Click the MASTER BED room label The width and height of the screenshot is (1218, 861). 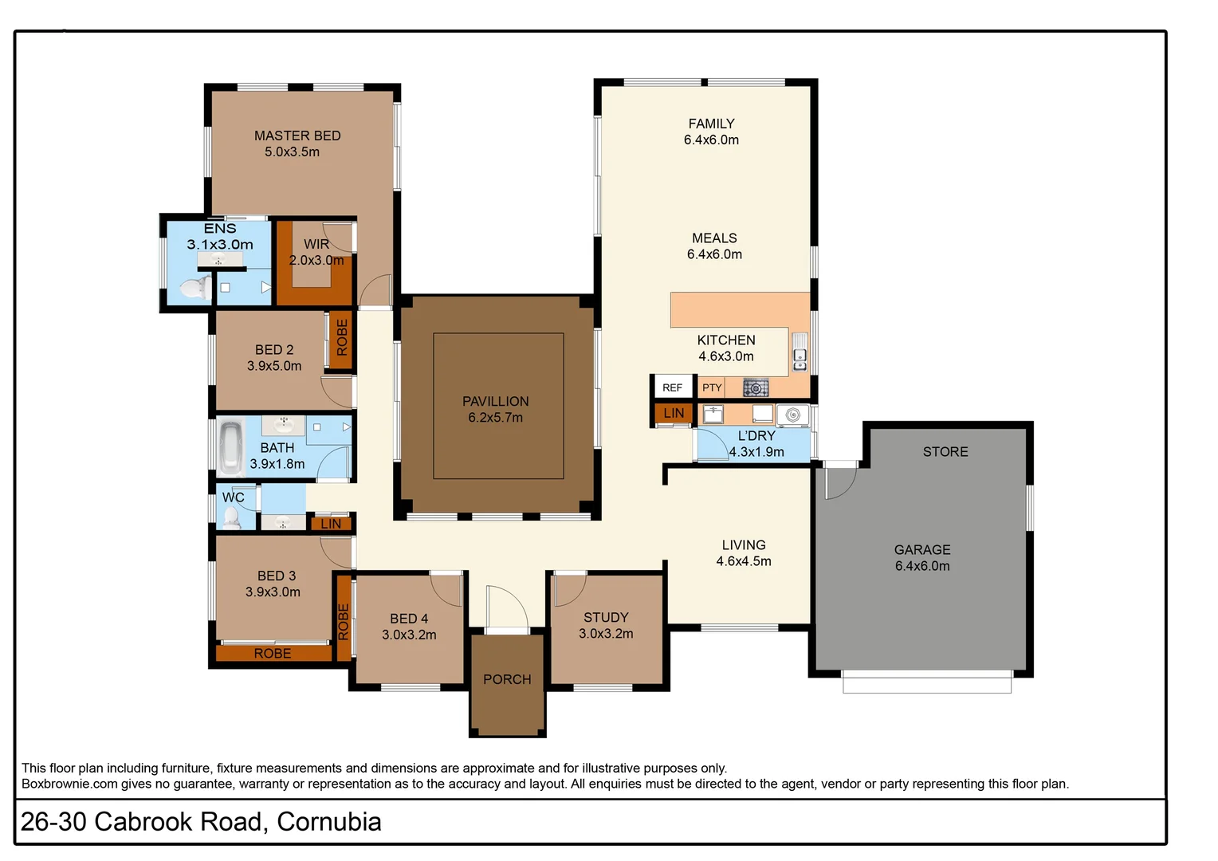297,136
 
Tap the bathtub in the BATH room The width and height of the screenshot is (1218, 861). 231,446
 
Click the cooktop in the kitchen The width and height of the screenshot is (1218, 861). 756,388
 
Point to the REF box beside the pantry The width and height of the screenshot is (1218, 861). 672,387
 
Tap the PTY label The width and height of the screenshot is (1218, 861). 712,387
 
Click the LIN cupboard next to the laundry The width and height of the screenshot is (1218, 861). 674,413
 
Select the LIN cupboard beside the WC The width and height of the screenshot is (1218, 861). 331,524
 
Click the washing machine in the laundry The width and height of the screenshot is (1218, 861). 792,415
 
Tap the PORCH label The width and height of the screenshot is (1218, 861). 507,679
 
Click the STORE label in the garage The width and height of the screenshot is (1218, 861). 945,452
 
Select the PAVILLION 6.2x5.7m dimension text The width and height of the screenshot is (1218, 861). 496,418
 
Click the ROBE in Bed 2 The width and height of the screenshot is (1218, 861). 342,339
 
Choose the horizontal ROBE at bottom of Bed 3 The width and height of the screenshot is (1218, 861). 273,653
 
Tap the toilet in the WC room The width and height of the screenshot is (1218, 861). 231,519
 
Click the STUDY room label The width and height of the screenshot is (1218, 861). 606,618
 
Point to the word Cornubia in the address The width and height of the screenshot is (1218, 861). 329,822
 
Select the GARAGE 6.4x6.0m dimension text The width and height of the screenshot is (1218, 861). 922,566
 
